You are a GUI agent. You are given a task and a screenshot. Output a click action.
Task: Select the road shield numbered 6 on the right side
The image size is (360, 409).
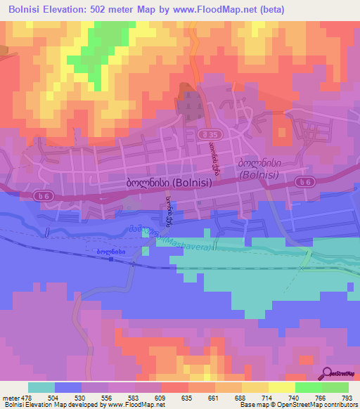coord(304,182)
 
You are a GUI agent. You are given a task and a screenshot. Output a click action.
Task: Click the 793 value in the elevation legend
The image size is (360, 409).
coord(347,398)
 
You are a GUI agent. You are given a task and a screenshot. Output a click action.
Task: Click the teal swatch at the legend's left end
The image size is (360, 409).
coord(41,387)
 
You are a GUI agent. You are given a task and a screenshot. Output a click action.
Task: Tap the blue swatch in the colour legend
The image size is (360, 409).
coord(68,387)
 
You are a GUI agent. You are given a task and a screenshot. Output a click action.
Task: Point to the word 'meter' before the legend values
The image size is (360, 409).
coord(11,398)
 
